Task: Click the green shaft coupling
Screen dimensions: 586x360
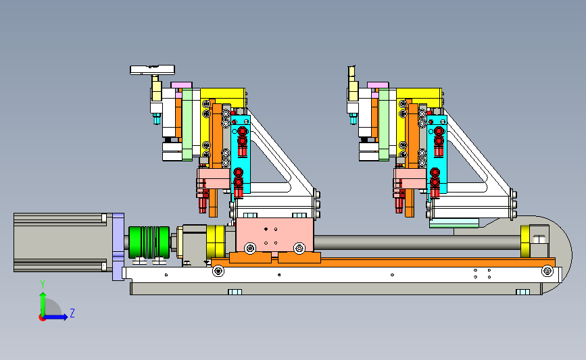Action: tap(149, 242)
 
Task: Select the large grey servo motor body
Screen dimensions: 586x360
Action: tap(63, 242)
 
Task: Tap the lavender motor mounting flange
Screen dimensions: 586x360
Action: tap(118, 247)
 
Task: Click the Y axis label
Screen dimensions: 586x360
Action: tap(43, 284)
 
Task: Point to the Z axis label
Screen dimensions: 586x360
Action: tap(72, 313)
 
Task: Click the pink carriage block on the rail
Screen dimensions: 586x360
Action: tap(274, 235)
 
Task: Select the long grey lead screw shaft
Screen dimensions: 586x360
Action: tap(417, 242)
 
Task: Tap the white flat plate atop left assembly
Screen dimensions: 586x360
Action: tap(152, 70)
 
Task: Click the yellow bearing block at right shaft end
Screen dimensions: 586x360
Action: tap(525, 241)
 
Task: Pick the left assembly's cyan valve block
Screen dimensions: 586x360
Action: tap(241, 154)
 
